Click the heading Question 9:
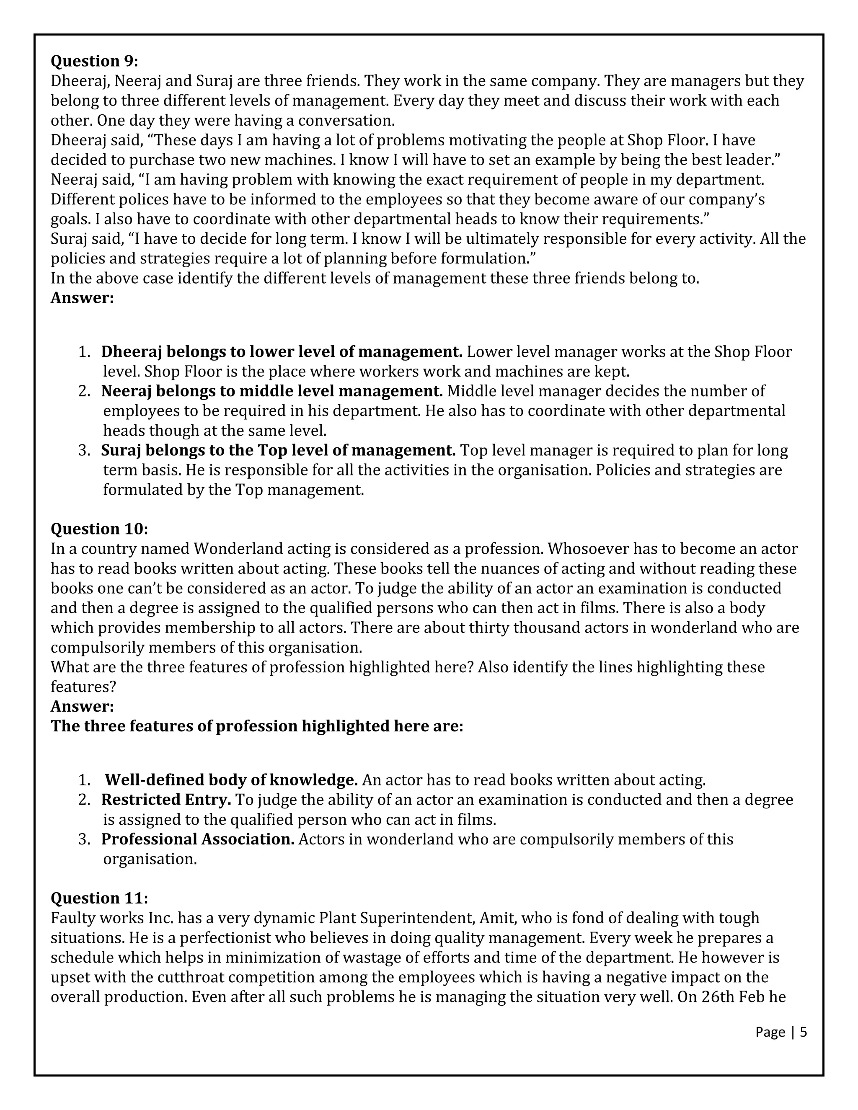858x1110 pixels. point(94,61)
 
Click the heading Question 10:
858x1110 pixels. point(99,529)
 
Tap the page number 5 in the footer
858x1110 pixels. point(803,1032)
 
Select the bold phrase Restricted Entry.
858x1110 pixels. point(166,800)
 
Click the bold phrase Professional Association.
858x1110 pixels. point(198,839)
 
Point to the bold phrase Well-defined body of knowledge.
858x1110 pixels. point(231,780)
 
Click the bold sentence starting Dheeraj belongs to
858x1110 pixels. point(281,352)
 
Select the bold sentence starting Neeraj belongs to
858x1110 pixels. point(272,391)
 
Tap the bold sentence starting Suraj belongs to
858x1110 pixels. point(278,450)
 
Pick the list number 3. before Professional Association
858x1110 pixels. point(84,839)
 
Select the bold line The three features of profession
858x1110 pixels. point(257,726)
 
